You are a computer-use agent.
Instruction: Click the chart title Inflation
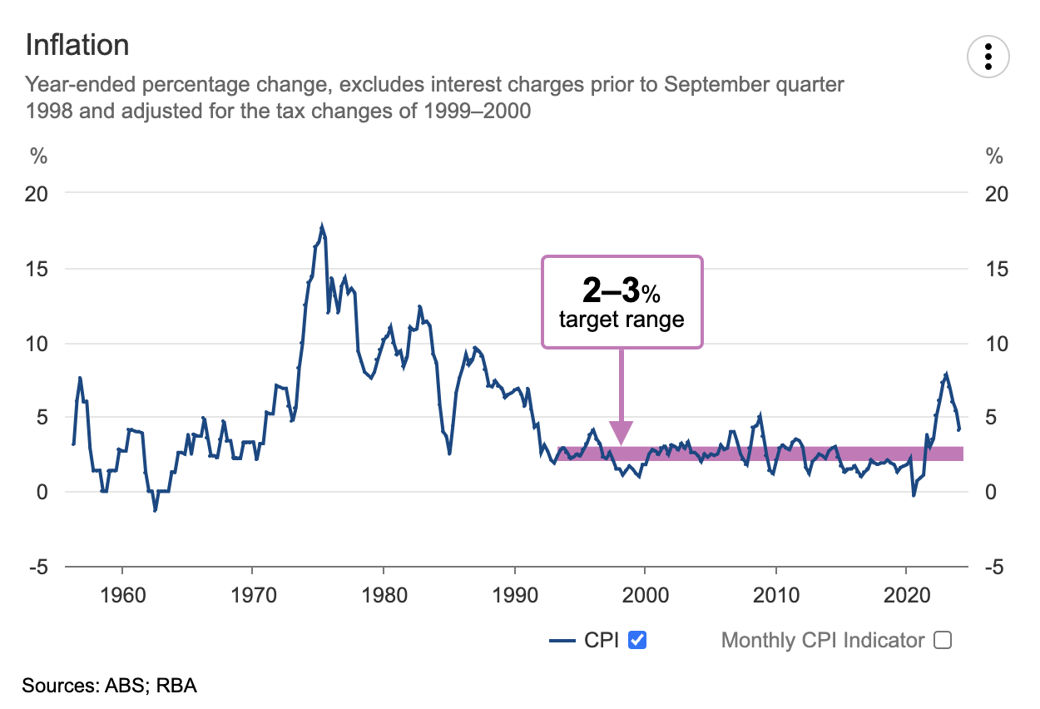77,44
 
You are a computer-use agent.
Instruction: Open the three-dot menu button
988,56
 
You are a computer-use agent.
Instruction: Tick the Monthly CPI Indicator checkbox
942,640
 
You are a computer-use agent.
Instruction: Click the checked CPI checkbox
638,640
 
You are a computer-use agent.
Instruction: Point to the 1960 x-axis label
122,597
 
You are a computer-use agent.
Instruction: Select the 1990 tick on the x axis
514,597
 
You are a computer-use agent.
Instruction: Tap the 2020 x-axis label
907,597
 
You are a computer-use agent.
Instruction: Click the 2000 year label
645,597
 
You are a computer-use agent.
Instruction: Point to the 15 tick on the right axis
996,269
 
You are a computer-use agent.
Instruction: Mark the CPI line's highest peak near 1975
322,226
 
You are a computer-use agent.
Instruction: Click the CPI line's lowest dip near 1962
155,509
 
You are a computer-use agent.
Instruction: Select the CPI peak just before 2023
946,374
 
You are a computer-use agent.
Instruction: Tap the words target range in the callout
622,320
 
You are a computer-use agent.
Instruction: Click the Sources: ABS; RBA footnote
110,687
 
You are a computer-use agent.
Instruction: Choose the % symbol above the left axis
38,156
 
